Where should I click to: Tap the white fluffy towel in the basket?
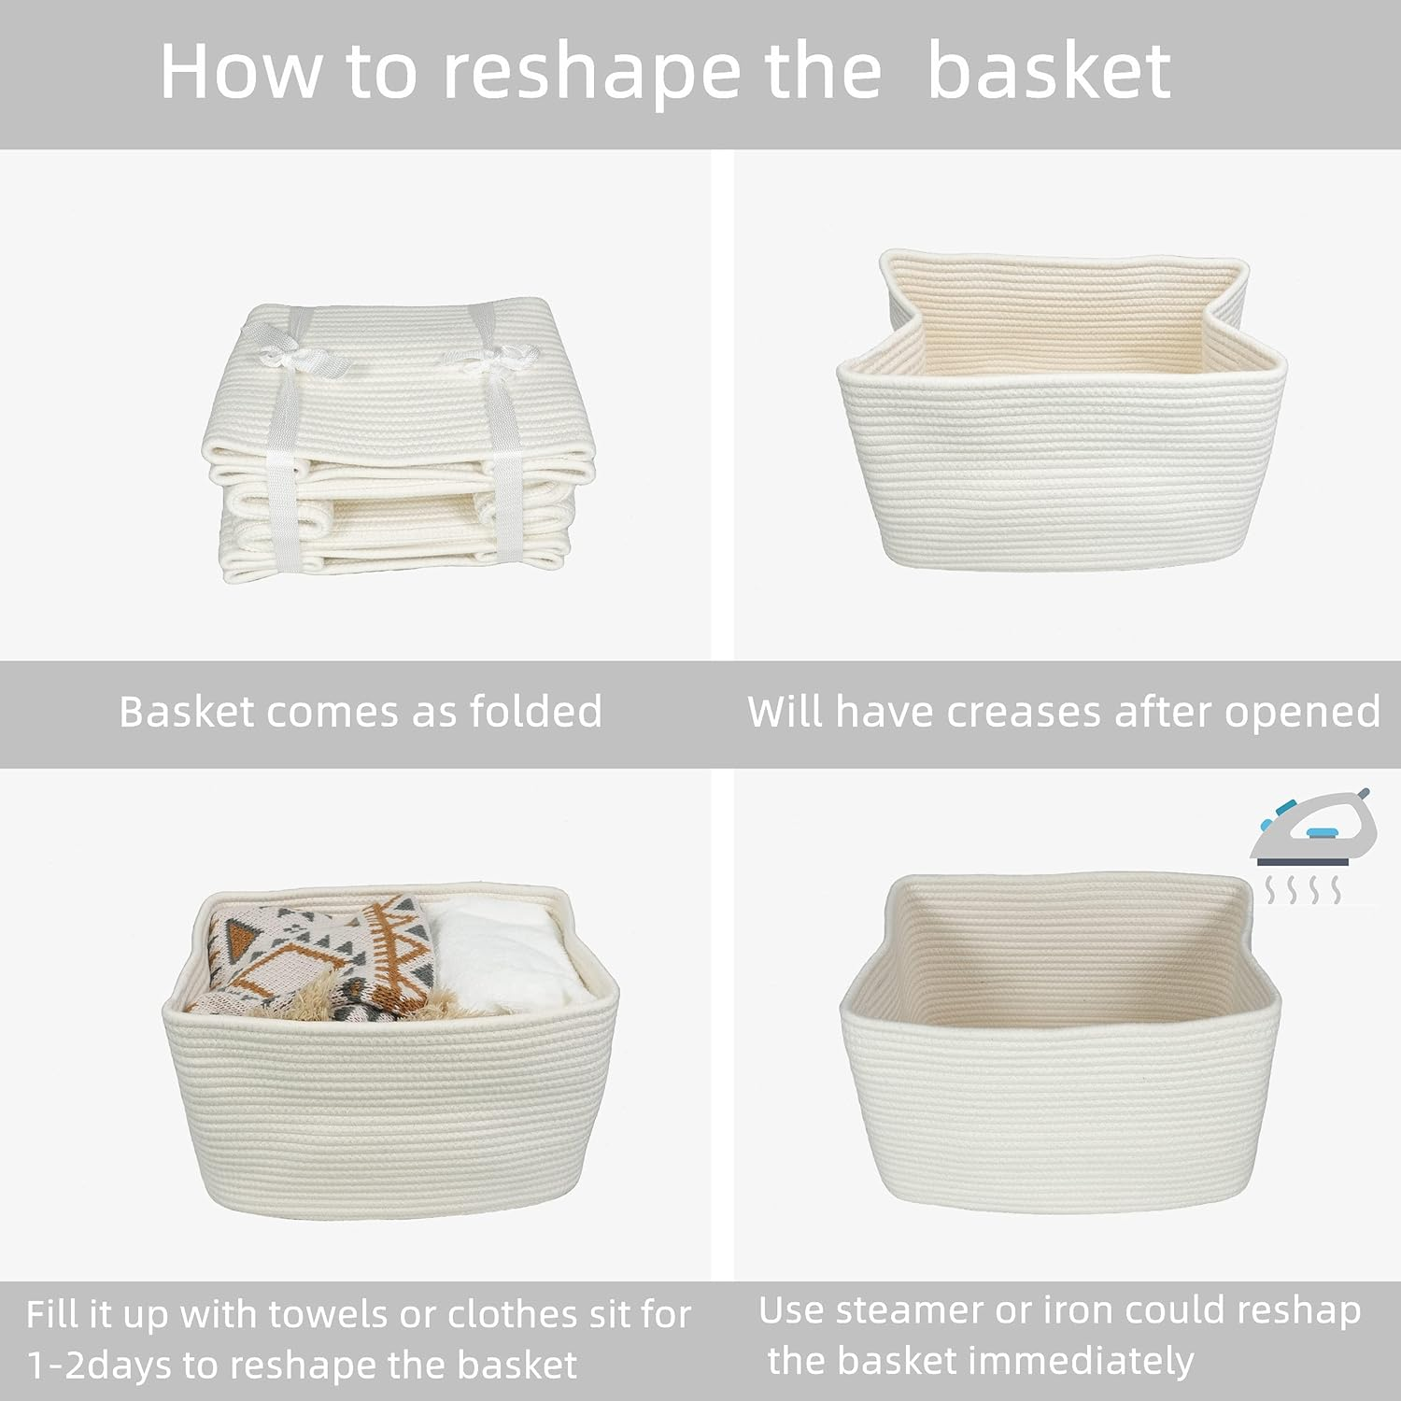[x=504, y=953]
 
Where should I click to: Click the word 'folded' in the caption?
[x=535, y=712]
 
